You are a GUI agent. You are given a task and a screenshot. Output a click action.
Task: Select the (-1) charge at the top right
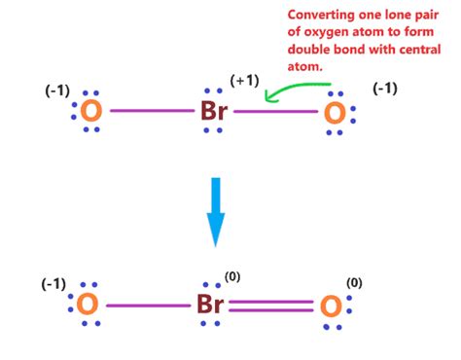387,90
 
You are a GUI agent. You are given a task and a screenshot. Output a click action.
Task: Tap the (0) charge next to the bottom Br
232,276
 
